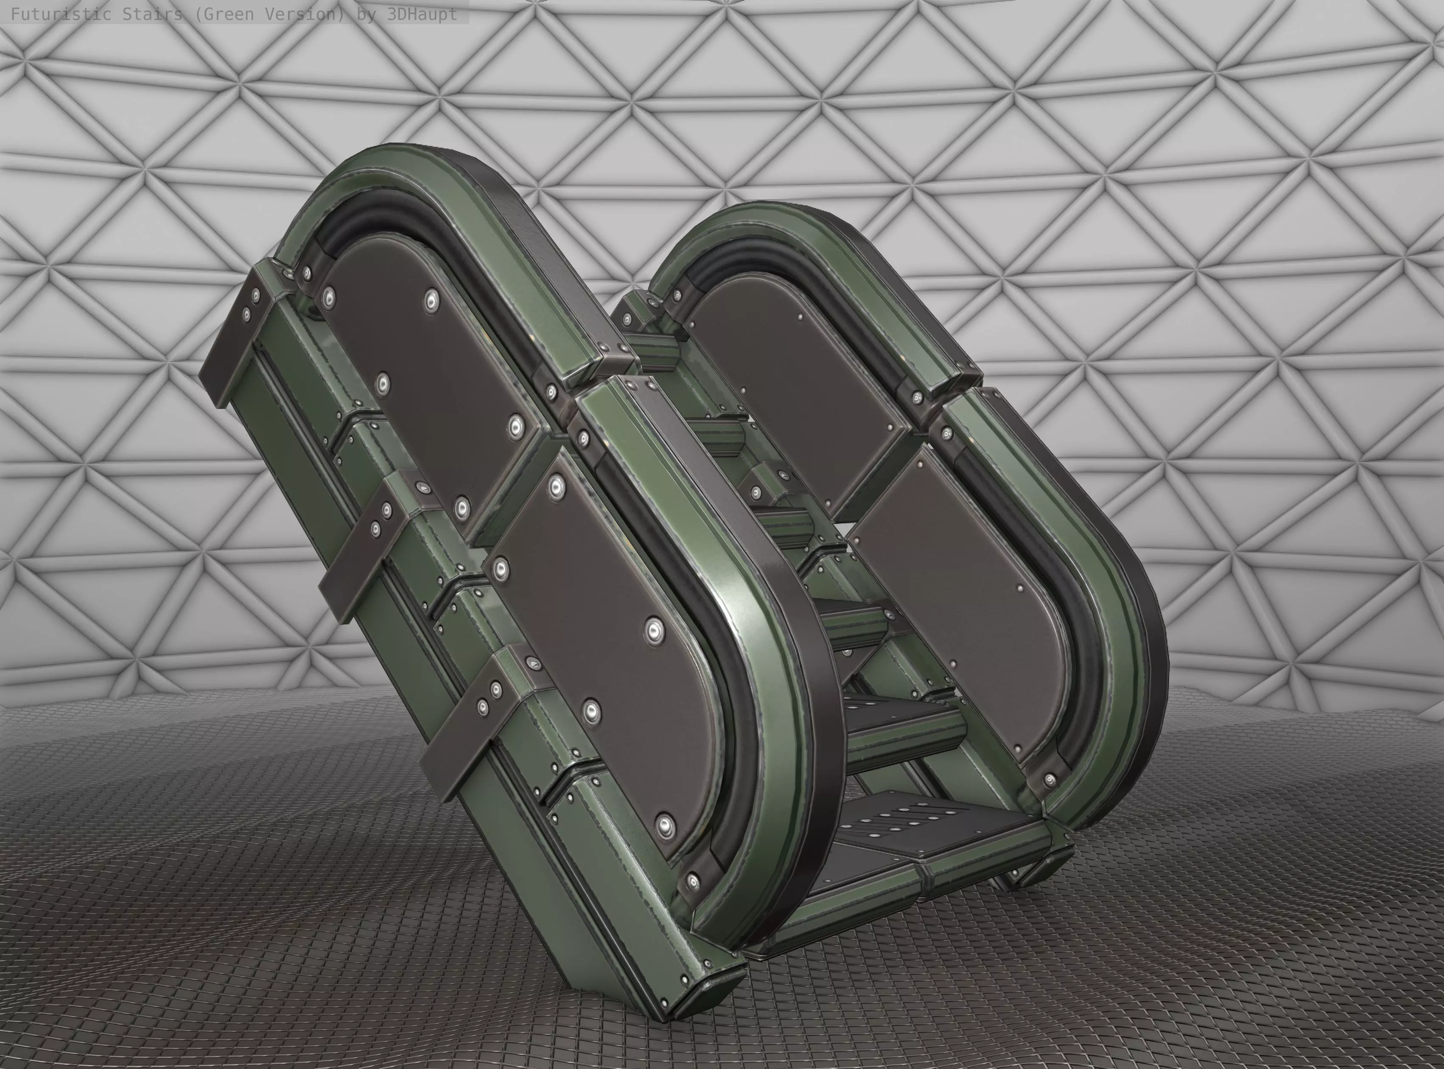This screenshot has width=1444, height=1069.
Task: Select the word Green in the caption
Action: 223,14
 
